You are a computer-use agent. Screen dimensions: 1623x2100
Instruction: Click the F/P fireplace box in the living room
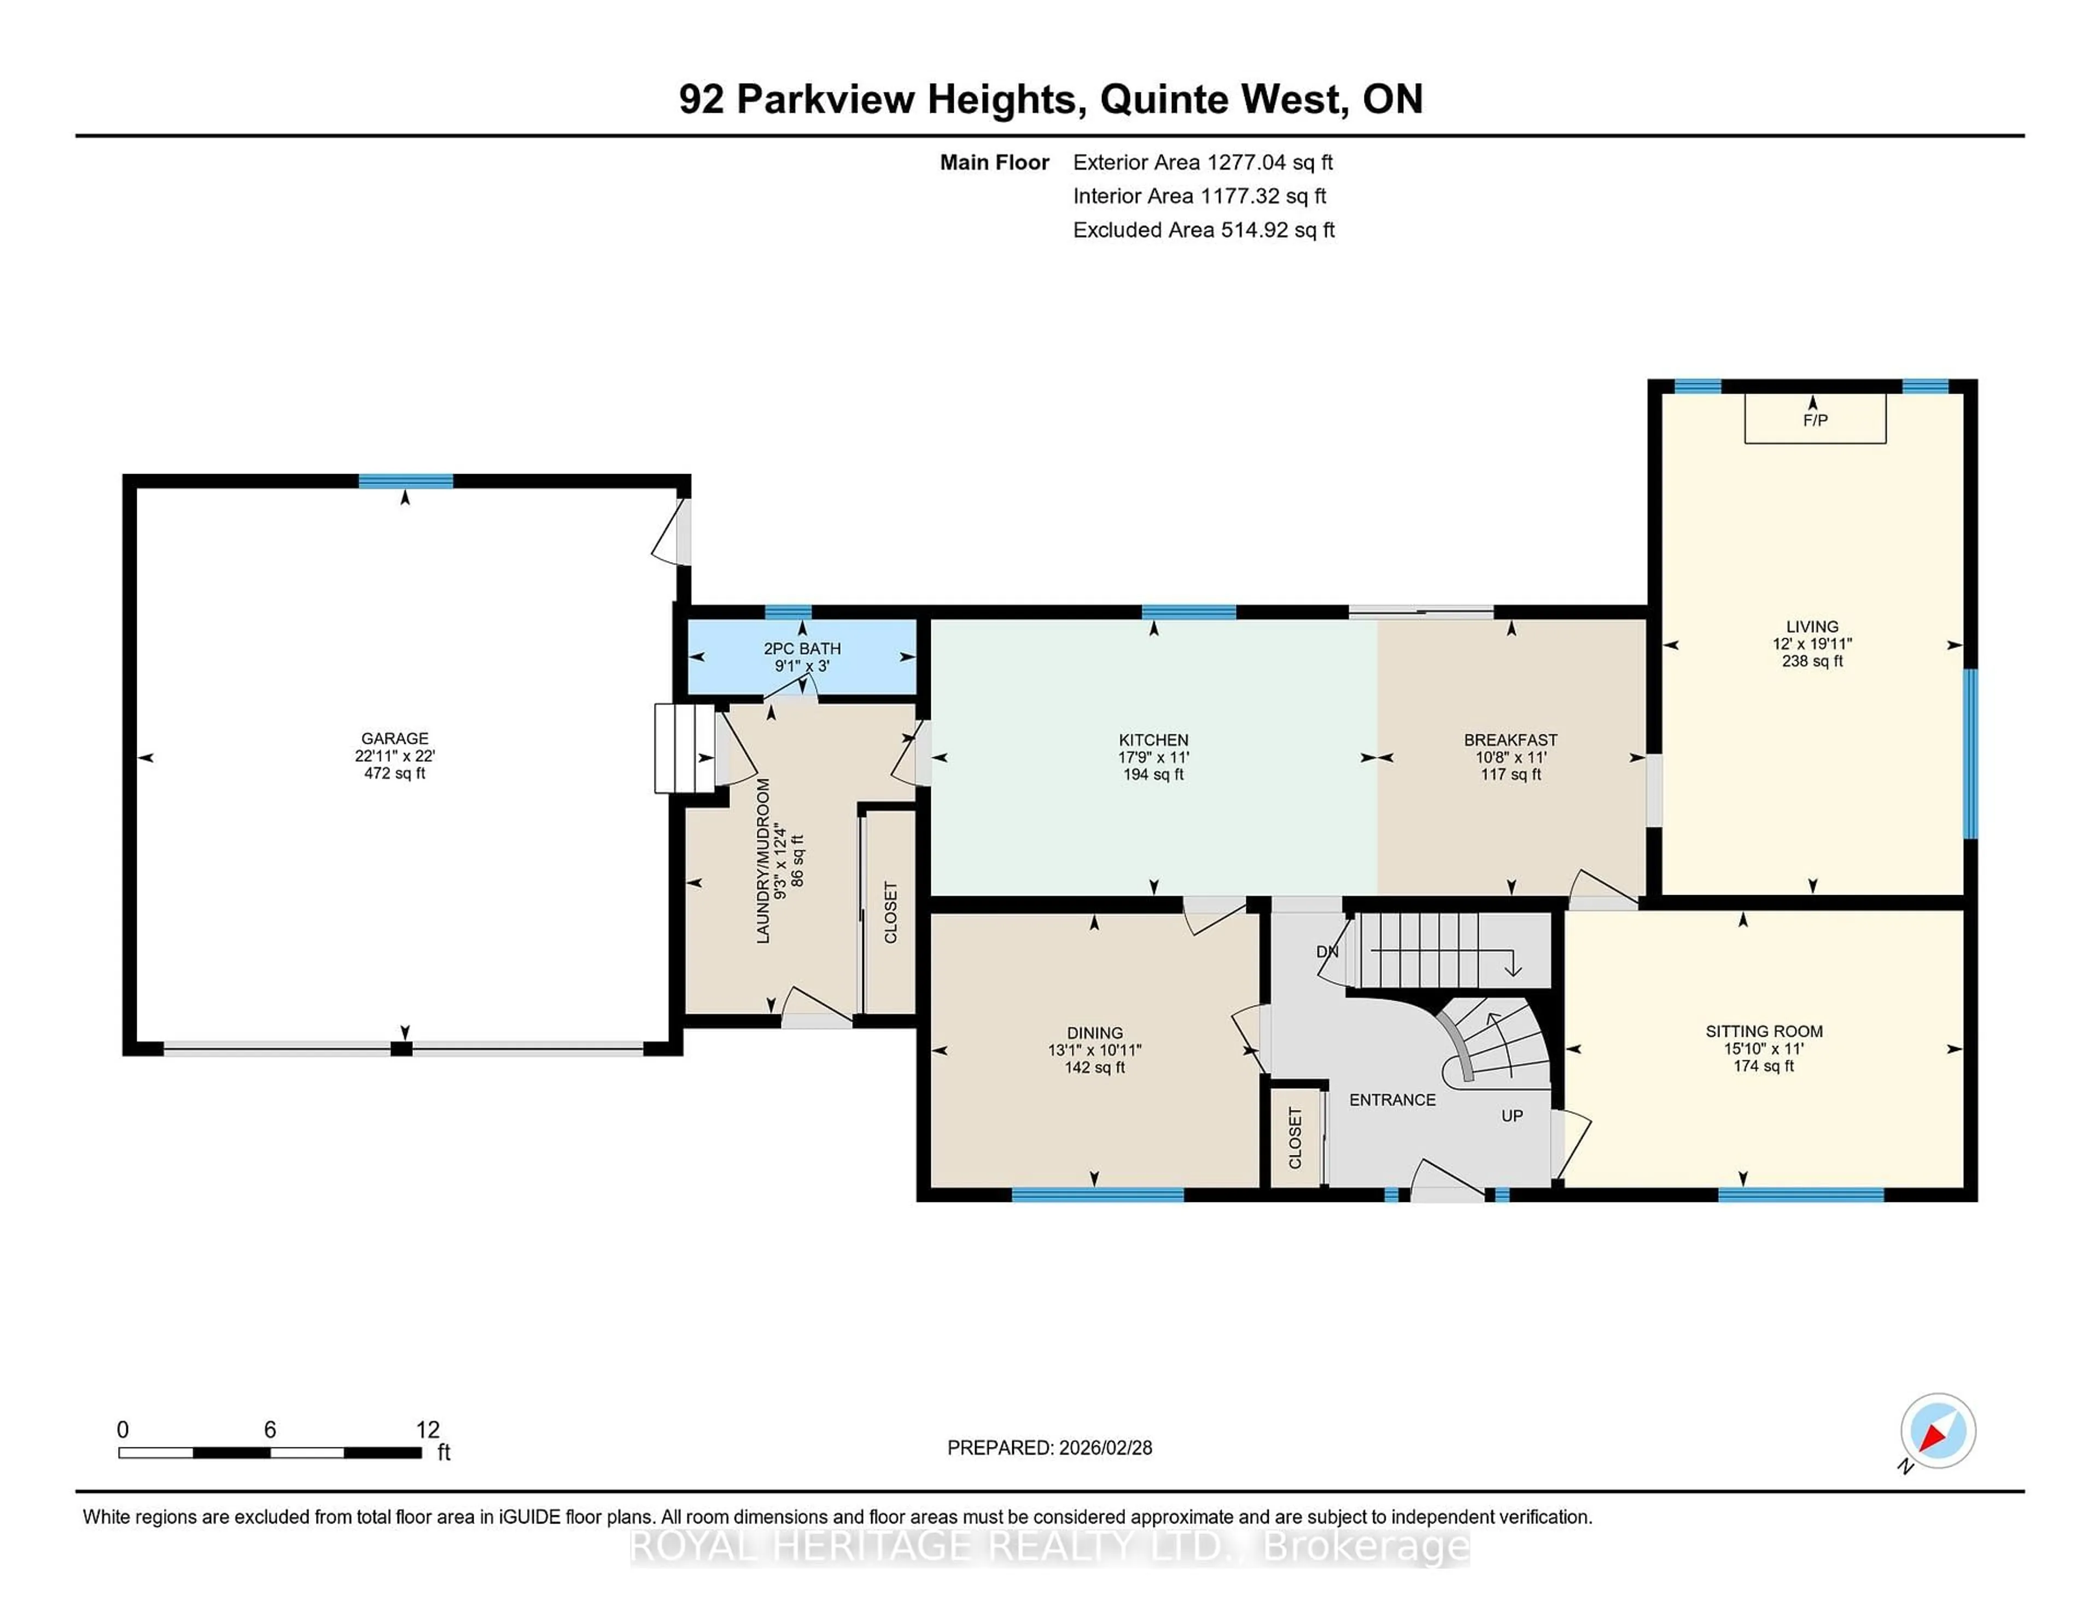coord(1815,419)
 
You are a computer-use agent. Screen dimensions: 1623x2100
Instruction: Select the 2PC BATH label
coord(802,649)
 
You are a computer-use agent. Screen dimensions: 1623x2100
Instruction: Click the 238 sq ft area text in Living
coord(1812,662)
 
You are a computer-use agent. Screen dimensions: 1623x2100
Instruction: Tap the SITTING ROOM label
coord(1764,1032)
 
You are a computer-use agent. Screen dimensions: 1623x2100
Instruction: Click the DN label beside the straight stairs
coord(1327,952)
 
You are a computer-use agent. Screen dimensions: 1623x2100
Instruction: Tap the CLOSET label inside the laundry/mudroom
coord(890,913)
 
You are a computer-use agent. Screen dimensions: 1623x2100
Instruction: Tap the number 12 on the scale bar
coord(427,1430)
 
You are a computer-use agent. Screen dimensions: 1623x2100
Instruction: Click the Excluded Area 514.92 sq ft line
coord(1203,230)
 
